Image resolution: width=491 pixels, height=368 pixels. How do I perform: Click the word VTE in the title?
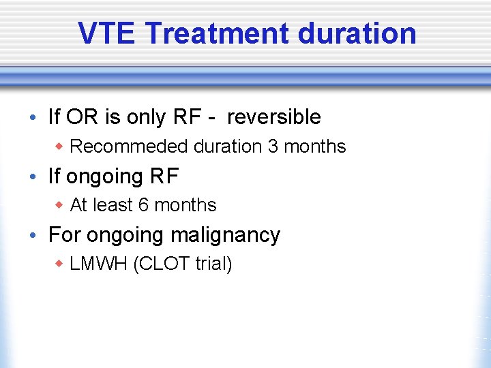106,33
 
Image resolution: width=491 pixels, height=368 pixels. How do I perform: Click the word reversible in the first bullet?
273,117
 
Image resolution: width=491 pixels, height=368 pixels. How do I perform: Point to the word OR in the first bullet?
82,117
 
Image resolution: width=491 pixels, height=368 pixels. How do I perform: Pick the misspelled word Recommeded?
130,147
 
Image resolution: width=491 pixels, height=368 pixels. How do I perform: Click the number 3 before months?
273,147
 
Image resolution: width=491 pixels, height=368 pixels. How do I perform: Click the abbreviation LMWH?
99,264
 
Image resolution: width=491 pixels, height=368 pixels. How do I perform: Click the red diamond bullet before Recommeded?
60,147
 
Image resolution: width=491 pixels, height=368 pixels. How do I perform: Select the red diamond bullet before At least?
60,205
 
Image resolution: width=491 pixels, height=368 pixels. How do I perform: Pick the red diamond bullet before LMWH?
60,264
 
